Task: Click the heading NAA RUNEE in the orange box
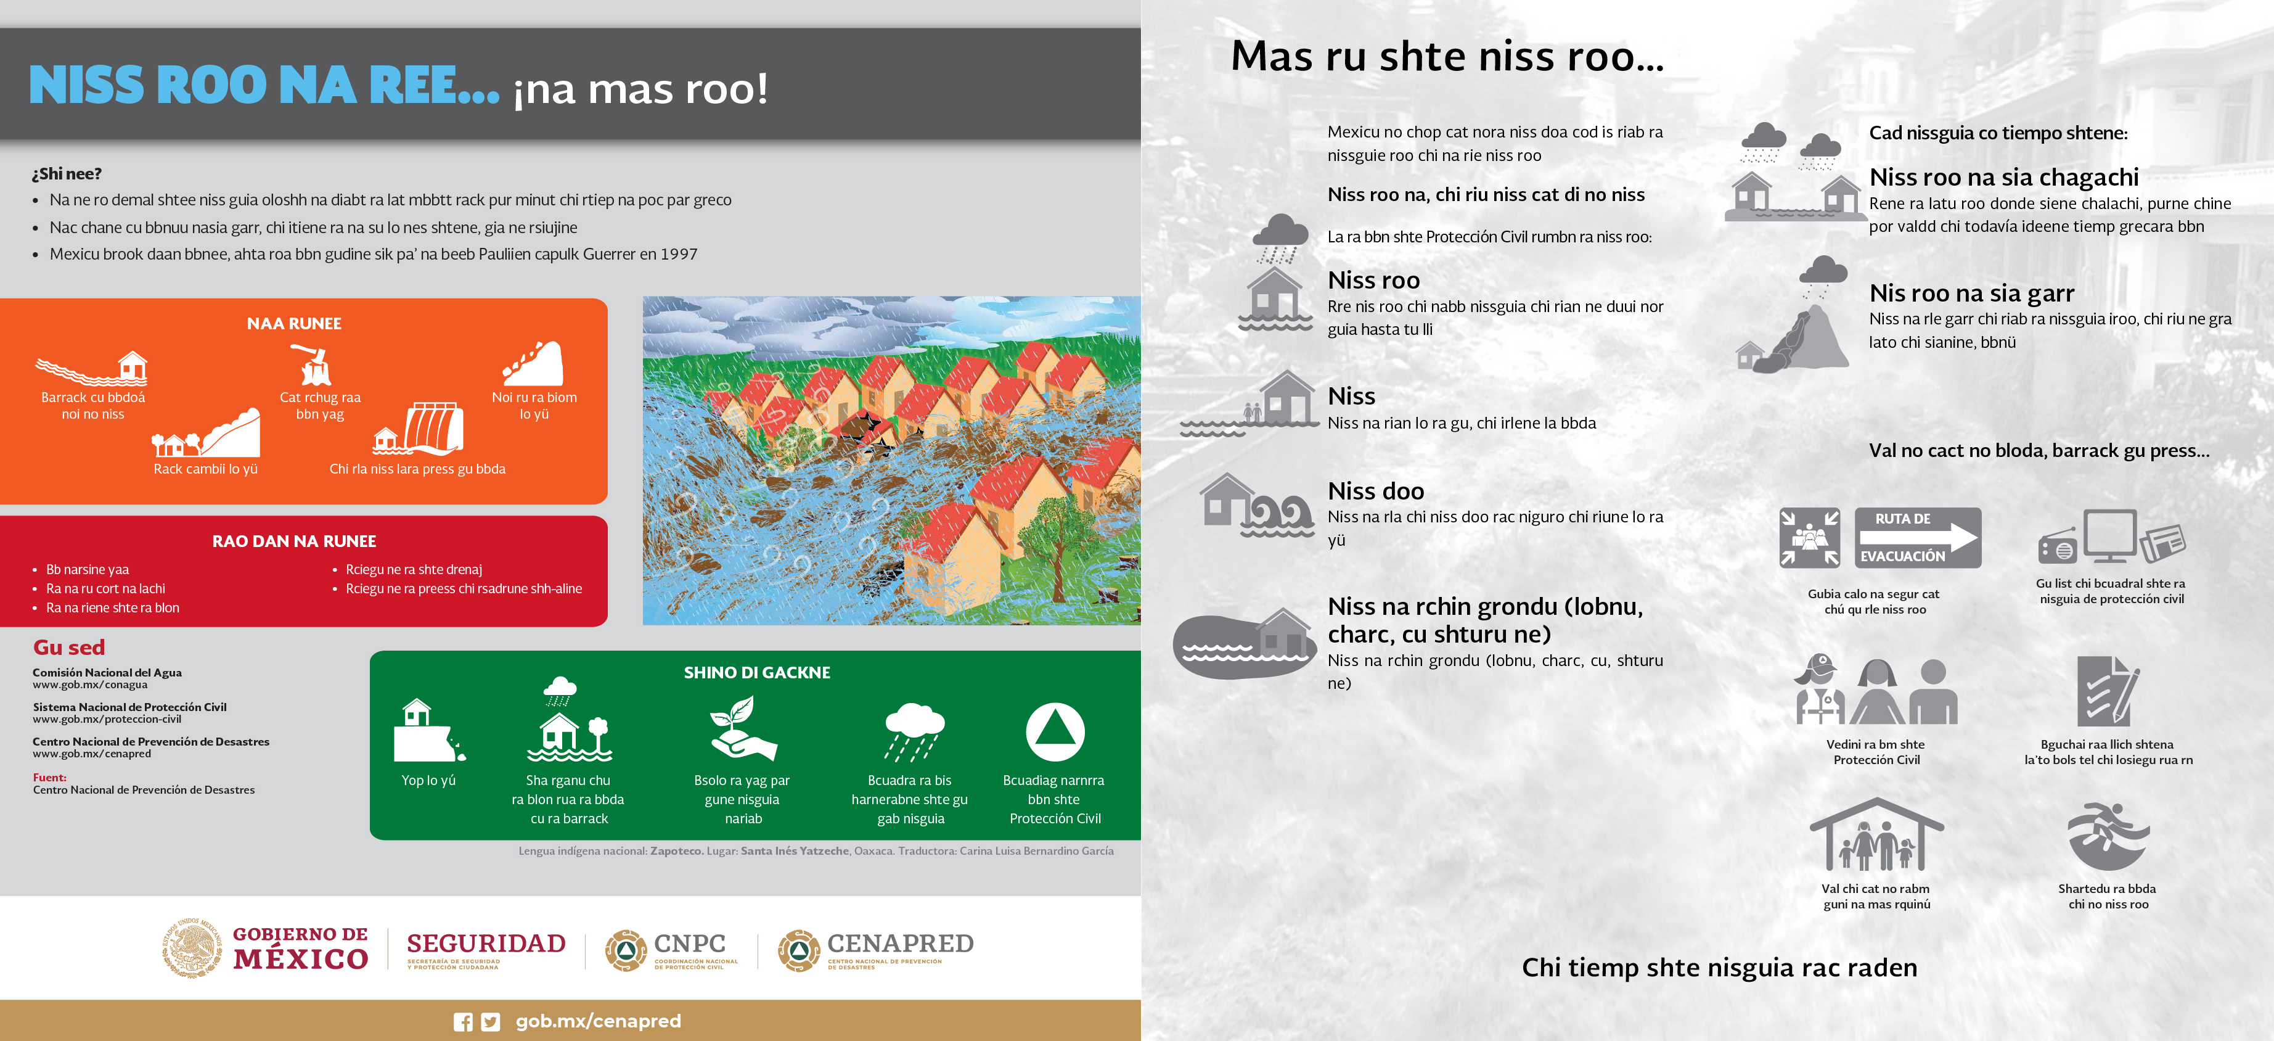pyautogui.click(x=294, y=324)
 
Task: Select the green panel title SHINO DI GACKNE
pyautogui.click(x=756, y=673)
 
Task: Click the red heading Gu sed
pyautogui.click(x=69, y=647)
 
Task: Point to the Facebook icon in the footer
pyautogui.click(x=462, y=1022)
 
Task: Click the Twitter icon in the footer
pyautogui.click(x=491, y=1022)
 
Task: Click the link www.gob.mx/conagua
pyautogui.click(x=90, y=685)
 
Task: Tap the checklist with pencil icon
pyautogui.click(x=2109, y=691)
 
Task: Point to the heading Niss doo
pyautogui.click(x=1375, y=491)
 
